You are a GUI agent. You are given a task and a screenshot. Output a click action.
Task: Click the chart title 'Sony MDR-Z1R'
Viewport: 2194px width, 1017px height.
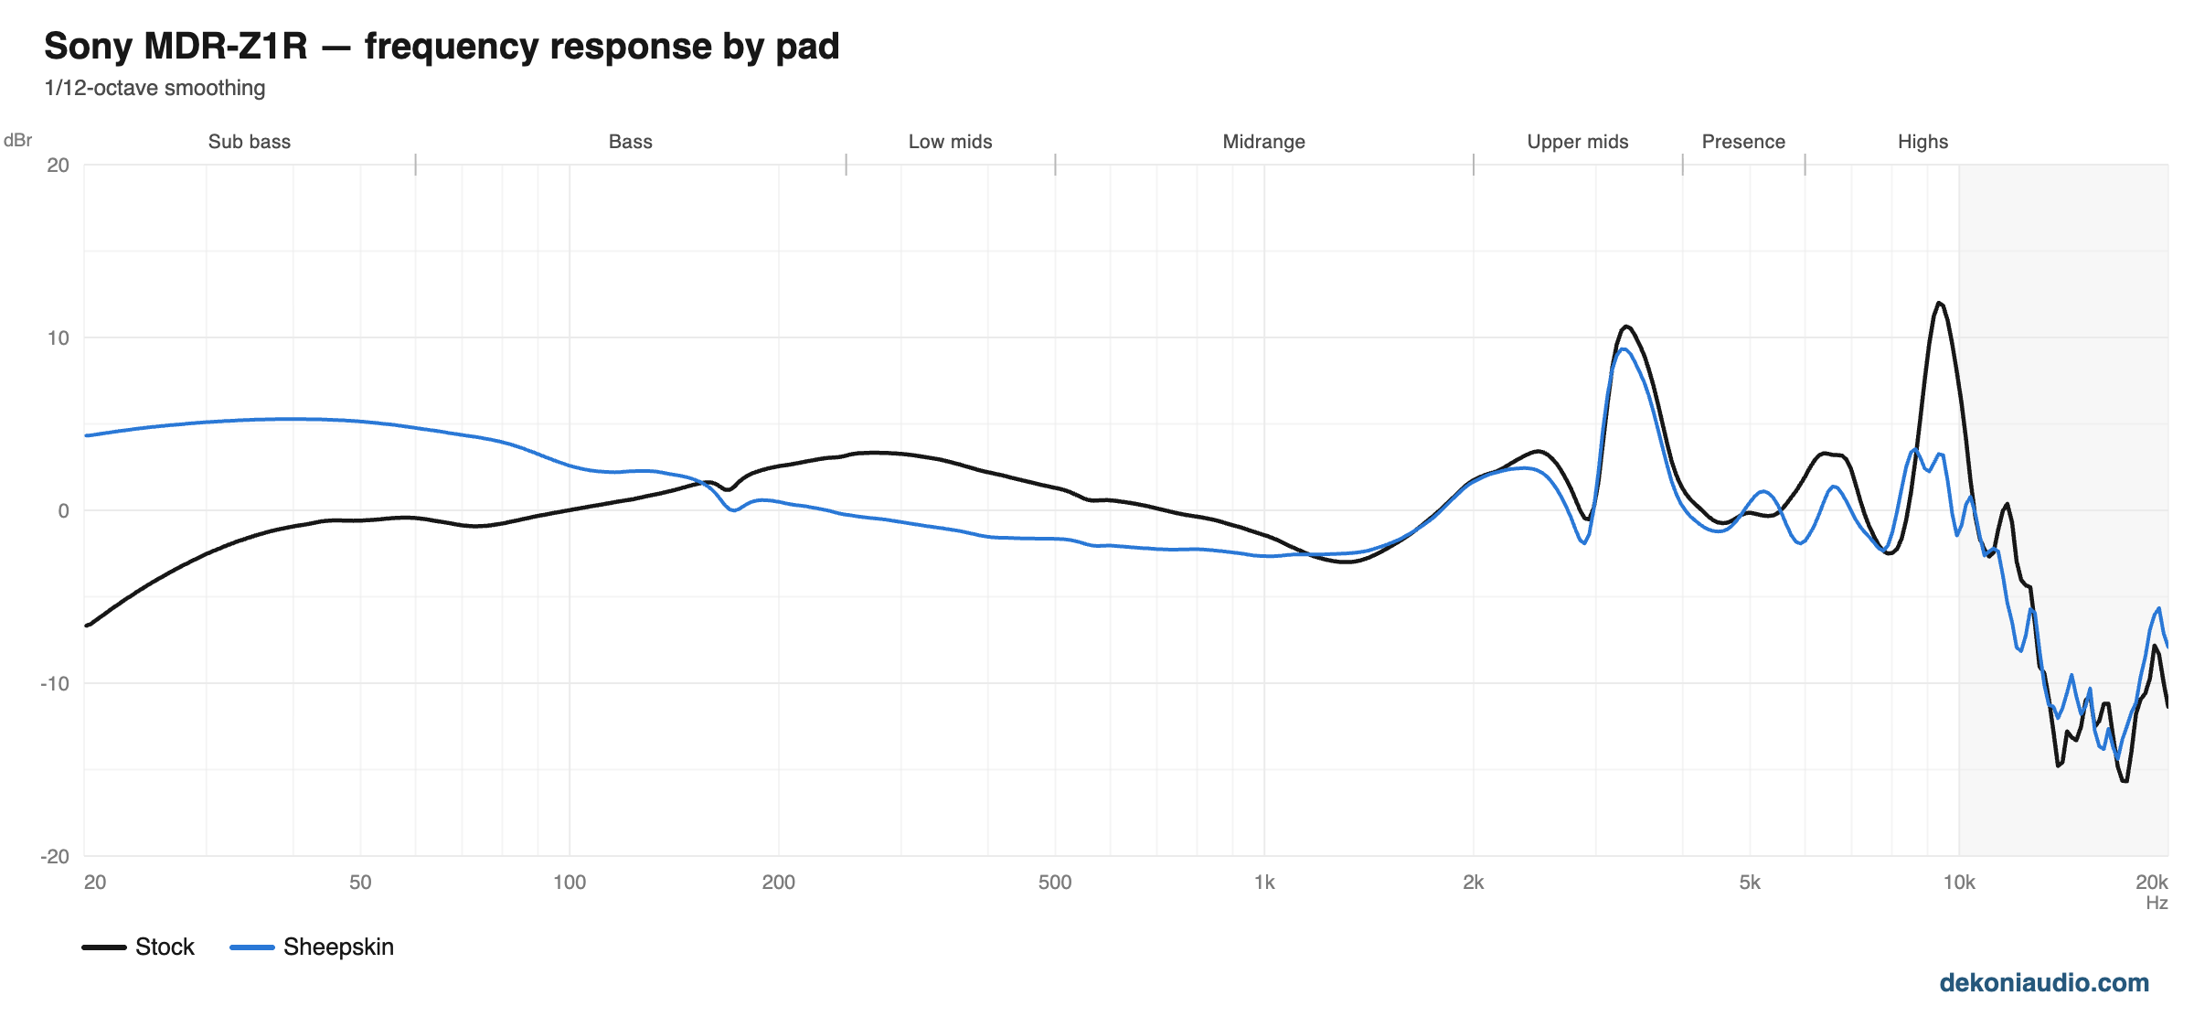(176, 47)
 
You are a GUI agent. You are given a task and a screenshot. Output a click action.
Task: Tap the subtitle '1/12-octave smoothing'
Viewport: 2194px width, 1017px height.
(154, 88)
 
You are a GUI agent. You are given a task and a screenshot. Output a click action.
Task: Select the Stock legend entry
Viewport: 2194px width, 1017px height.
(138, 947)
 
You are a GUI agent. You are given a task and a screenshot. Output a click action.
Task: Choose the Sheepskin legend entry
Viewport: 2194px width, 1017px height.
(312, 947)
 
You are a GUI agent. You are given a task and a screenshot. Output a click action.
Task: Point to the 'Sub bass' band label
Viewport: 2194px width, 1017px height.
(250, 142)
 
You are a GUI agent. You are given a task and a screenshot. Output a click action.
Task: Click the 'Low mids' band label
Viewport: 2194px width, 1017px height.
(950, 142)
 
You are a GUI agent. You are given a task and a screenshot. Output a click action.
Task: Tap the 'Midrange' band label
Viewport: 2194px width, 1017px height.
(1263, 142)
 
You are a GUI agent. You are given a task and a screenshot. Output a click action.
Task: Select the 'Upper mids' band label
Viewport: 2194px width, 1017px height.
(1578, 142)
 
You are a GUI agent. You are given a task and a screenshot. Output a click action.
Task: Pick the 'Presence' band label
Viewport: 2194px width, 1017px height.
(1743, 142)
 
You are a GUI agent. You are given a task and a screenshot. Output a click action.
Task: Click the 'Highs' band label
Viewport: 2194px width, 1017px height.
(1922, 142)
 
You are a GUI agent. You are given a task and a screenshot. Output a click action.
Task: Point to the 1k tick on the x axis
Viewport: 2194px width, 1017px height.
(1264, 883)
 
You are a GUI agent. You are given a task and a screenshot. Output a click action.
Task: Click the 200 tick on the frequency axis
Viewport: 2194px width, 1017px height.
(778, 883)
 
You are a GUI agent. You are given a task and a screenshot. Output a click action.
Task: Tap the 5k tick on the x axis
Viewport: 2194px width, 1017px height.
(1749, 883)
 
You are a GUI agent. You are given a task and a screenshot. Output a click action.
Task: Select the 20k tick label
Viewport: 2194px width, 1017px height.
(2151, 883)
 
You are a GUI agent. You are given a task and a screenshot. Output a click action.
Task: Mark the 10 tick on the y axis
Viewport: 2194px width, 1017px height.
(58, 338)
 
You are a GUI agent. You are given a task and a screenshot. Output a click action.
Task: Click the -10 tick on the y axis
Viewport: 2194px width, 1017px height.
(54, 684)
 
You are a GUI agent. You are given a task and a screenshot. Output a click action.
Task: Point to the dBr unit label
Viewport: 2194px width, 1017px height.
(17, 140)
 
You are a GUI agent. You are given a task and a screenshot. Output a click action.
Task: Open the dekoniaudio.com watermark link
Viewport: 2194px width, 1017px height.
(2044, 983)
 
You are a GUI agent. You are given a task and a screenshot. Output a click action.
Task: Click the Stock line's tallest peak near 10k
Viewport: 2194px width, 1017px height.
(1939, 303)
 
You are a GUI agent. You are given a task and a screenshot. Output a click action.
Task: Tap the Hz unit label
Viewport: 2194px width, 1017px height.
(2157, 904)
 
